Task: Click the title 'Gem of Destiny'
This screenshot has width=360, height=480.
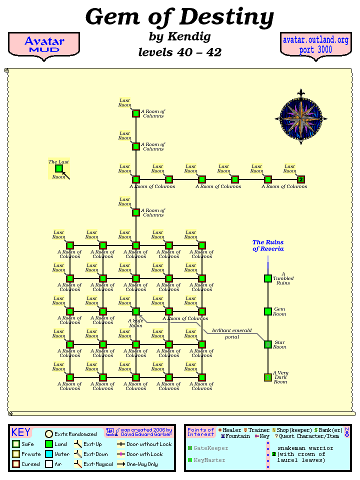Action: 179,17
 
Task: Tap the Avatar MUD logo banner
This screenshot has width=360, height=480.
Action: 44,44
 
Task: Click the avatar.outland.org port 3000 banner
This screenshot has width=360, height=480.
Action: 315,44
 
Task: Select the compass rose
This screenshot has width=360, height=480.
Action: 301,118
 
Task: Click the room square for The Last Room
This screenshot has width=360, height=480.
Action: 59,169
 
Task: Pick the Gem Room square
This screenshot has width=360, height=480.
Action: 268,311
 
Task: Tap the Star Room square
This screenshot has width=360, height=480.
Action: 268,344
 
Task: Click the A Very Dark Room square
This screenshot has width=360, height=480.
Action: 268,377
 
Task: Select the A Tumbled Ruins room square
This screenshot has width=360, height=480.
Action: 268,278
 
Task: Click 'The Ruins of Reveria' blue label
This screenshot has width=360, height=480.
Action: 268,245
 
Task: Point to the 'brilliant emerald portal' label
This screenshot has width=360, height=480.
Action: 231,333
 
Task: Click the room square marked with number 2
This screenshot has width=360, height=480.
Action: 301,179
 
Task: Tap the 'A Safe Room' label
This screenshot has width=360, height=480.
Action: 135,323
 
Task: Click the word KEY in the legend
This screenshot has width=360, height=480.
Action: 21,432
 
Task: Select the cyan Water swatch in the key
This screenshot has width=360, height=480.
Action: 48,454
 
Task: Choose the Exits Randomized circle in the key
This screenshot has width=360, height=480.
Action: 49,434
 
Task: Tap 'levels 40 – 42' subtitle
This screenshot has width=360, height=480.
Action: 179,52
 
